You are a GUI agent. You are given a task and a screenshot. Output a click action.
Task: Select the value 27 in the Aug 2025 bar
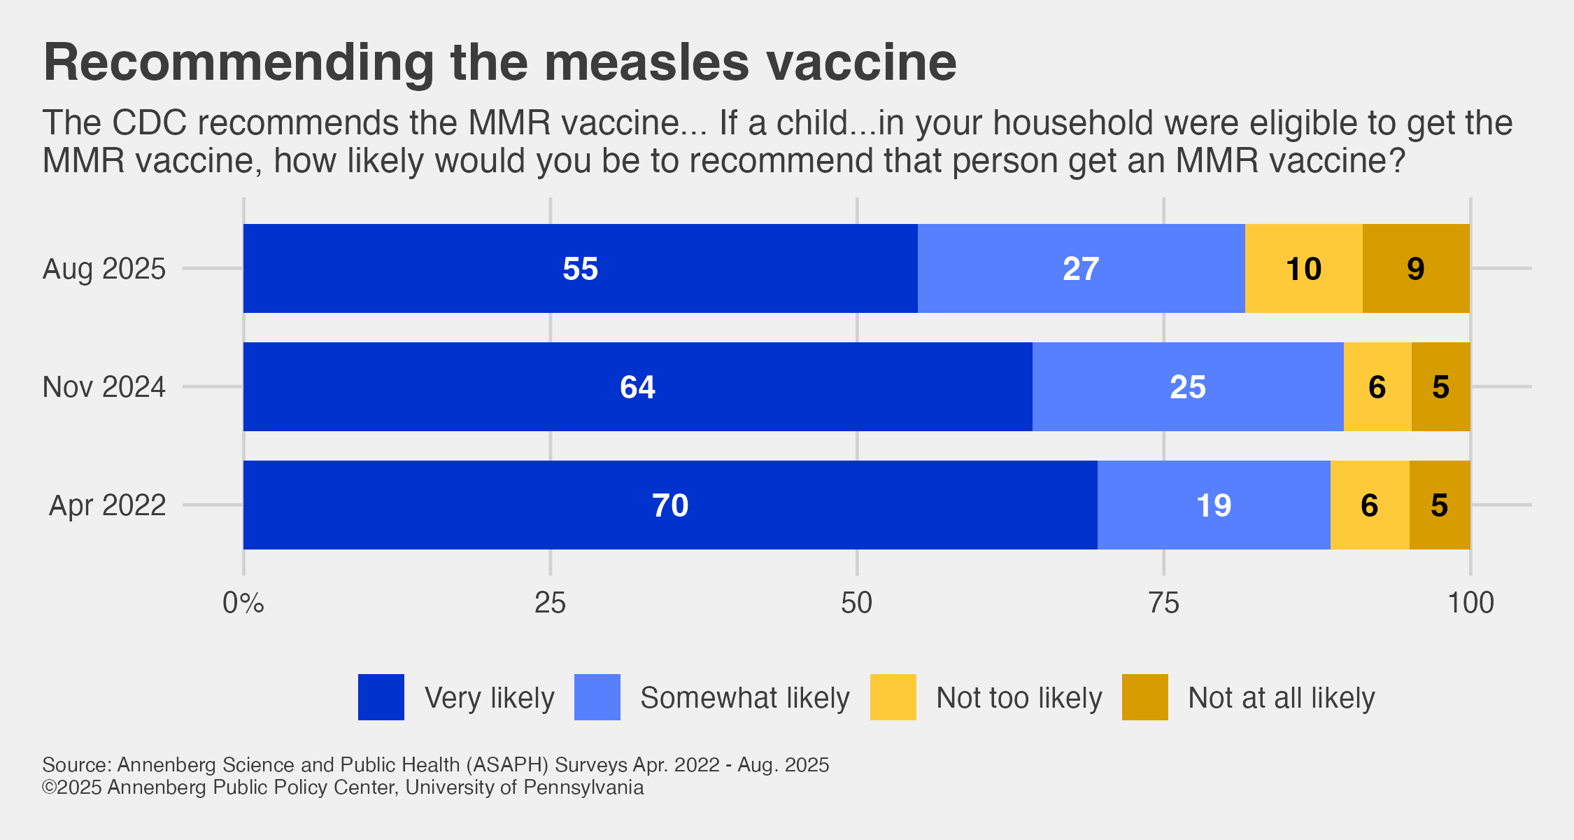(1081, 269)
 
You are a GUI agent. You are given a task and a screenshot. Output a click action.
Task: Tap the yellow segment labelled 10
(1303, 269)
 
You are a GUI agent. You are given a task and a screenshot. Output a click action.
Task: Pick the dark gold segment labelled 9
(1415, 269)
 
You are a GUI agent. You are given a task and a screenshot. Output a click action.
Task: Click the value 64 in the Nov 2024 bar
(637, 387)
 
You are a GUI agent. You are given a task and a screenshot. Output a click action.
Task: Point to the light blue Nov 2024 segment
(1187, 387)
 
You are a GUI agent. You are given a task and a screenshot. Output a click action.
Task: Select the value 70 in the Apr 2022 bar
(670, 505)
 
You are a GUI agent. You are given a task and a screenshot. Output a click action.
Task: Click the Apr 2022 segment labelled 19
(1213, 505)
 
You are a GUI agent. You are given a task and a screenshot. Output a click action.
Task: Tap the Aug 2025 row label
(104, 269)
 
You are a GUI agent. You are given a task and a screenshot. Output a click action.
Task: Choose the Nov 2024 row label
(104, 387)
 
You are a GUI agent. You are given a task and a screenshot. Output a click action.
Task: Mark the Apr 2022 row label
(107, 505)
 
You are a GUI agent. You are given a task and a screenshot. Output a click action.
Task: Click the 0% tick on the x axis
(243, 603)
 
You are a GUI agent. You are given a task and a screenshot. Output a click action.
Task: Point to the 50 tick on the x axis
(857, 603)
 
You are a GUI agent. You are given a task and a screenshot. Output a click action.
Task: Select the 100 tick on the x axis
(1470, 603)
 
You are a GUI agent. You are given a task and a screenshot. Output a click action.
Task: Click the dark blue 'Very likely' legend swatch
(381, 697)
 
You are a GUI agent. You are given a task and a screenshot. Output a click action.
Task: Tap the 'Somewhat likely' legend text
(744, 698)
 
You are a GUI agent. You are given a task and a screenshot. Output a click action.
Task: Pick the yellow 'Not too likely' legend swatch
(893, 697)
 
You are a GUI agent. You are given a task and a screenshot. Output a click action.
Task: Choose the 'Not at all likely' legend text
(1281, 698)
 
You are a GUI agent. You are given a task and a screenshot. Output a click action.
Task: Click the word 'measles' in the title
(647, 63)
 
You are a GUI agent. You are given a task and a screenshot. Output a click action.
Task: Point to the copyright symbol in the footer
(49, 787)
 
